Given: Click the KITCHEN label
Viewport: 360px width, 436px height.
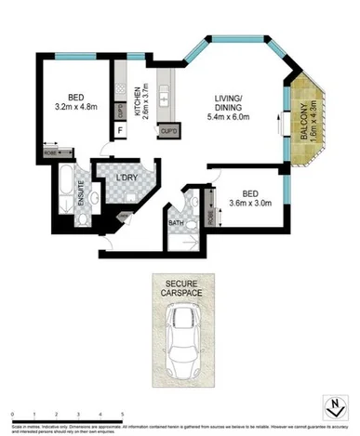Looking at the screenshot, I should coord(138,100).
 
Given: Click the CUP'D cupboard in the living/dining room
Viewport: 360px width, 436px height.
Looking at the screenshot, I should coord(168,132).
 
